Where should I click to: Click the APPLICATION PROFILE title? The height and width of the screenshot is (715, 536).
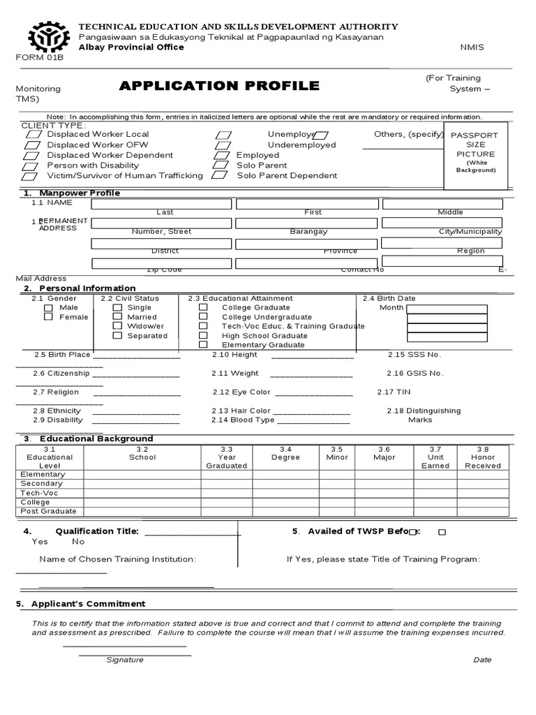[219, 86]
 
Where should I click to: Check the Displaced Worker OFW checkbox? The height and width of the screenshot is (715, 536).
[32, 145]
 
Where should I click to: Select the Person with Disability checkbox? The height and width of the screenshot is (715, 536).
[31, 166]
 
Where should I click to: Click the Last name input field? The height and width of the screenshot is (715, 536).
[161, 203]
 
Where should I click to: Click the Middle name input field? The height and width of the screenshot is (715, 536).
[442, 203]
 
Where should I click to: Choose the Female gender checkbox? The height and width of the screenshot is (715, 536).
[48, 317]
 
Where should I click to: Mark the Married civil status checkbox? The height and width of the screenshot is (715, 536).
[117, 316]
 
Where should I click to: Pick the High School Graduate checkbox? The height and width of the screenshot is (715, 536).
[203, 335]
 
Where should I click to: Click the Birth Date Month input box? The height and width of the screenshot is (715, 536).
[447, 309]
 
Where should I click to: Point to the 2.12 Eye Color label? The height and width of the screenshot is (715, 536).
[241, 392]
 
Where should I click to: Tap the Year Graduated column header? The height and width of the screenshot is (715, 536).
[227, 457]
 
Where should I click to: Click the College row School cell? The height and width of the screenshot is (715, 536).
[142, 502]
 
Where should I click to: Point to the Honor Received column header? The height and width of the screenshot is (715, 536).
[482, 457]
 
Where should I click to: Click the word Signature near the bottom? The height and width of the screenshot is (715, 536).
[125, 660]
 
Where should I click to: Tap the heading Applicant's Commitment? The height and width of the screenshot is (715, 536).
[84, 604]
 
